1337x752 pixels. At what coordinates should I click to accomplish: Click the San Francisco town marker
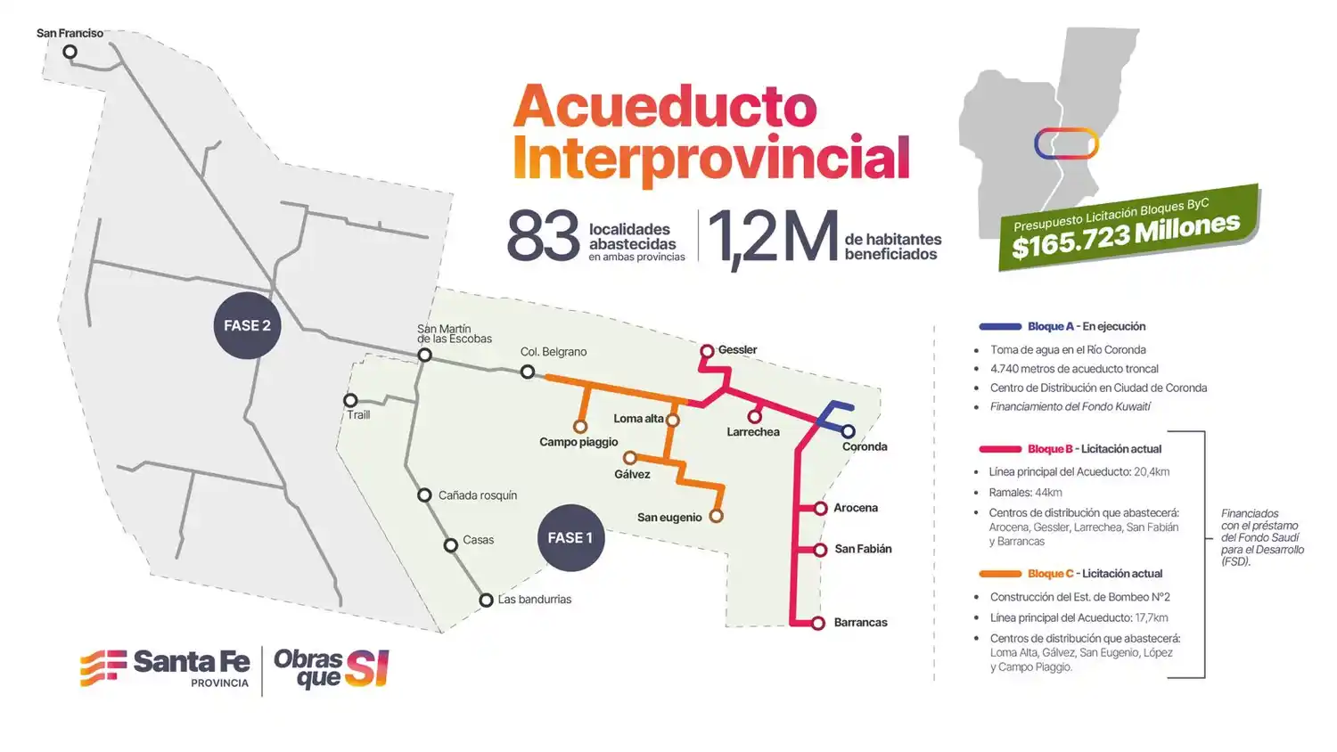(70, 52)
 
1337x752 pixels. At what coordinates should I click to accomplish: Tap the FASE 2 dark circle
(247, 326)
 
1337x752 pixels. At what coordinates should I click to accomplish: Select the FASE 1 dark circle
(570, 538)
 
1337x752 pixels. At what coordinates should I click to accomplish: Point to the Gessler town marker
(707, 351)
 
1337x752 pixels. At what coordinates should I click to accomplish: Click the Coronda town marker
(849, 432)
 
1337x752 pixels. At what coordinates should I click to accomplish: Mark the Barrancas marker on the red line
(818, 624)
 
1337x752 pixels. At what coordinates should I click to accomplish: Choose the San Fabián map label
(863, 549)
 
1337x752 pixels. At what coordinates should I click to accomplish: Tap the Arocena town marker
(821, 509)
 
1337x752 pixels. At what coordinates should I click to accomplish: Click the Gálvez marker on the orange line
(629, 458)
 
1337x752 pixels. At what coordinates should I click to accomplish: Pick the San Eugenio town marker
(716, 516)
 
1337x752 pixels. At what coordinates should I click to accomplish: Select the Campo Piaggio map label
(578, 442)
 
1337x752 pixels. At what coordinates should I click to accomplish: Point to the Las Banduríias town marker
(486, 601)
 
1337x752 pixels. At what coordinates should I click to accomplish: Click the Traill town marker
(350, 401)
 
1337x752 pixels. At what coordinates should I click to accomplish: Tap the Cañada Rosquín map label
(478, 495)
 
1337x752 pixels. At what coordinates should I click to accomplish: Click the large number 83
(543, 237)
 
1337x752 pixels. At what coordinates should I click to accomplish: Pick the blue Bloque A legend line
(1000, 327)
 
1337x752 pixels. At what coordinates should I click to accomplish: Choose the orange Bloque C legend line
(1000, 575)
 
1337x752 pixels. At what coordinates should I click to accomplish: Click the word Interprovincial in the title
(711, 159)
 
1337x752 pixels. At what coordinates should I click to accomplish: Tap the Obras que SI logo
(332, 668)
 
